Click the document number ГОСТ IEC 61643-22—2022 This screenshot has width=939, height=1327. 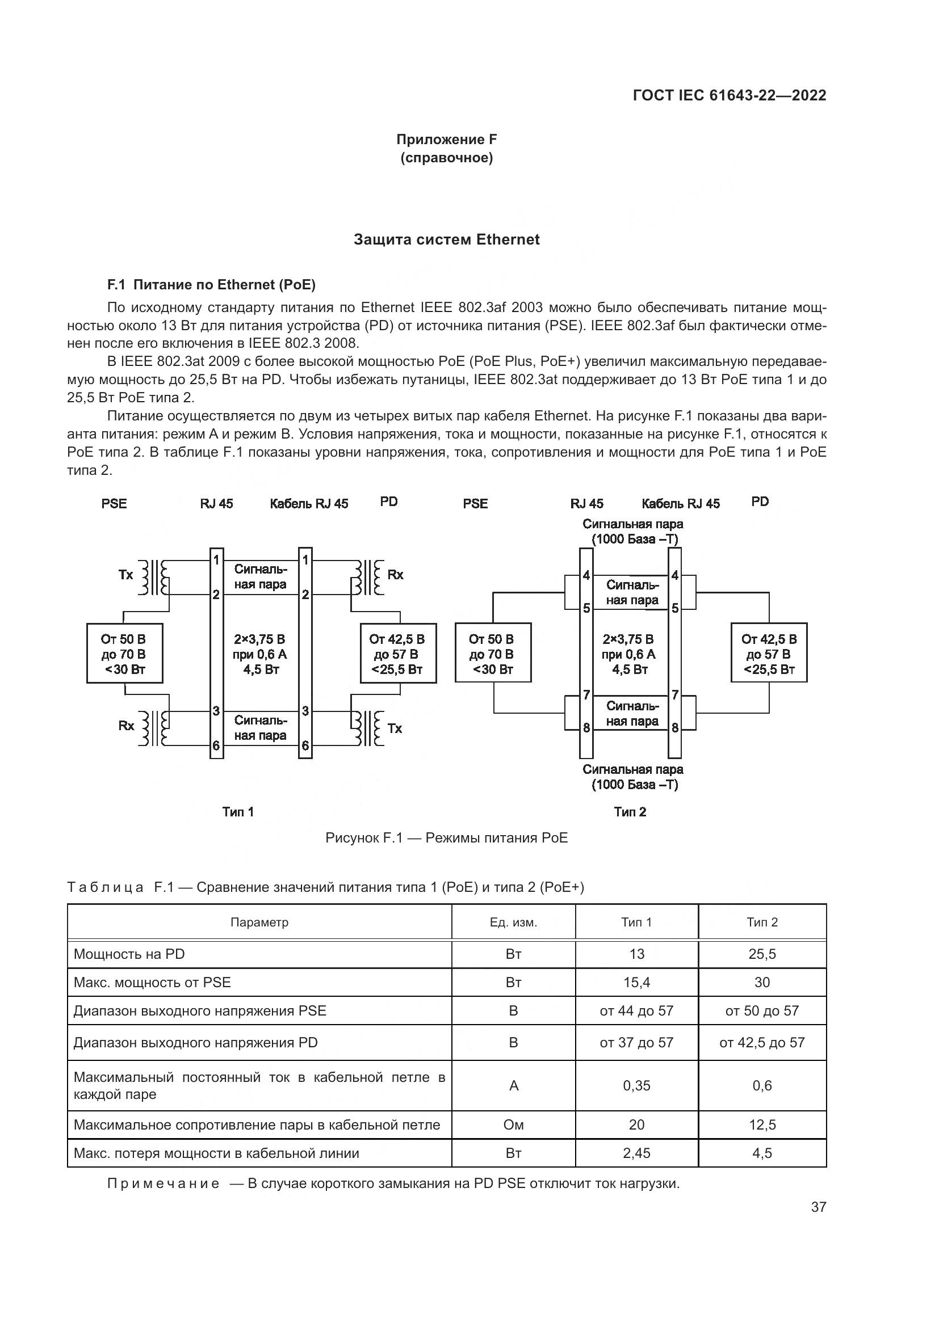coord(730,95)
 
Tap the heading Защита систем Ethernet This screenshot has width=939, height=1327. coord(446,240)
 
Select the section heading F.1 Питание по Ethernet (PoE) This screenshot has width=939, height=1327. coord(212,284)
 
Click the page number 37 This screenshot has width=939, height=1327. coord(819,1207)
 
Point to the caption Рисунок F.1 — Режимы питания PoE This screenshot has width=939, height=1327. coord(446,837)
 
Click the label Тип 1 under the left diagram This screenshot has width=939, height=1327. coord(238,812)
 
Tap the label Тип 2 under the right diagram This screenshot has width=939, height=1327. coord(630,812)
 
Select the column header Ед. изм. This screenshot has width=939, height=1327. coord(513,922)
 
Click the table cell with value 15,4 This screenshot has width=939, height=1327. coord(636,982)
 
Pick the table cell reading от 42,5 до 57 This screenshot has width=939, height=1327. coord(762,1043)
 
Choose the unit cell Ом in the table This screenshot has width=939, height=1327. coord(513,1124)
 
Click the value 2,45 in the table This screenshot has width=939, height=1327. coord(636,1153)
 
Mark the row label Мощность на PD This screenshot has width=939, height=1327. coord(129,954)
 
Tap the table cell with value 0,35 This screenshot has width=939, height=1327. coord(636,1085)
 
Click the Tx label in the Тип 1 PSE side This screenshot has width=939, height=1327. coord(125,575)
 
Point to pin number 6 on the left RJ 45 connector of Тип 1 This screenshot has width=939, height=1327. coord(216,745)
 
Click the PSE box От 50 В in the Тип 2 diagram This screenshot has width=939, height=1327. coord(493,652)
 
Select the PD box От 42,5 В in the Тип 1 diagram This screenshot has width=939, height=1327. coord(398,653)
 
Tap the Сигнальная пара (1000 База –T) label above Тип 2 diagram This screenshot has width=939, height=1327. coord(633,532)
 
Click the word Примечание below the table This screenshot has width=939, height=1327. coord(164,1183)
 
